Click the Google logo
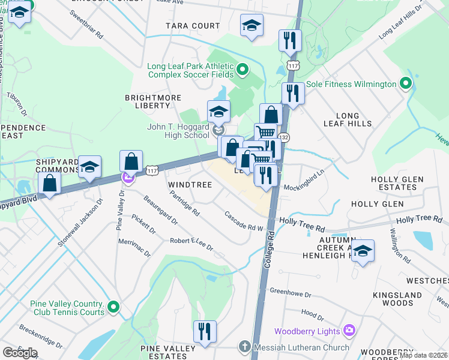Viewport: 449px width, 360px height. pos(20,353)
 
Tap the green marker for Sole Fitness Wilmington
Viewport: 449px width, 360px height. pos(406,84)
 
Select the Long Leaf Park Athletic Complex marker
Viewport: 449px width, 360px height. pos(242,71)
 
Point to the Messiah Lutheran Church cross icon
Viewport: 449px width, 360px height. pos(244,347)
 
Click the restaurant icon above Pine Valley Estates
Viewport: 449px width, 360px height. pos(205,331)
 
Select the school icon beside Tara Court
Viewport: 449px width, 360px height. pos(252,26)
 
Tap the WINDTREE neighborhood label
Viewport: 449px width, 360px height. pos(190,185)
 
